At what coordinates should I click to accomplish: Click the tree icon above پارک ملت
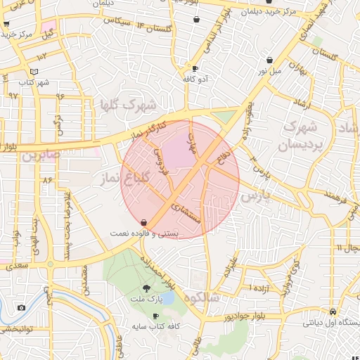[x=146, y=288]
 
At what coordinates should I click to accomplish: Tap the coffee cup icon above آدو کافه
[x=195, y=69]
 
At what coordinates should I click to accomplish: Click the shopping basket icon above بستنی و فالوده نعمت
[x=143, y=221]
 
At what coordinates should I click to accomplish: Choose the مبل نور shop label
[x=271, y=71]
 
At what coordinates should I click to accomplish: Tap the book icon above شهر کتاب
[x=34, y=72]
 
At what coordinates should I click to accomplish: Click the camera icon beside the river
[x=21, y=308]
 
